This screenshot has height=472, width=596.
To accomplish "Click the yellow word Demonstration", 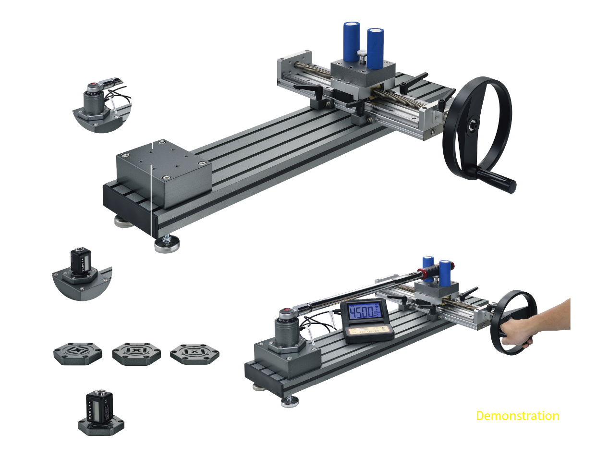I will [x=517, y=416].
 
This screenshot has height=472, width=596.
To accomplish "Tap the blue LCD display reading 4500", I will [x=364, y=313].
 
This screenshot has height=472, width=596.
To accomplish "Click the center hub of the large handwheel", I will [x=473, y=124].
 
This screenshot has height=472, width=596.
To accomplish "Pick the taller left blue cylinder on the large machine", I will [x=351, y=41].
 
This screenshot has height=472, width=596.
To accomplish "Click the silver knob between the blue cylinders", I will [x=363, y=56].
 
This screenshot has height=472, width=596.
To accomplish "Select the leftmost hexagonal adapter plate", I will [x=78, y=353].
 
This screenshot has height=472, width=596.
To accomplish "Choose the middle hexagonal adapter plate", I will [x=136, y=353].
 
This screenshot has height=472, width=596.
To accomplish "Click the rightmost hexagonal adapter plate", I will [x=195, y=353].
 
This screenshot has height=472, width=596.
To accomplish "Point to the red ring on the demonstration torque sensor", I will [x=286, y=311].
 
